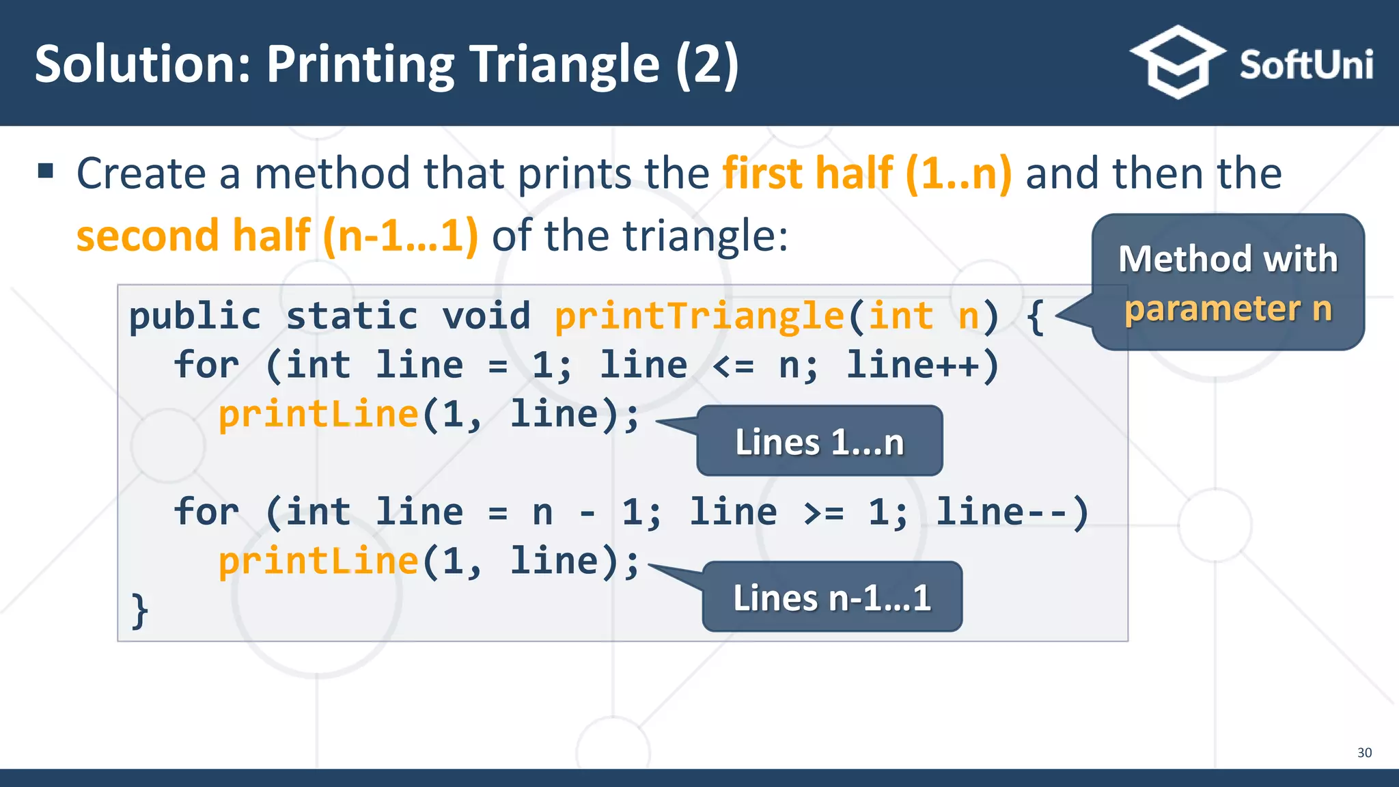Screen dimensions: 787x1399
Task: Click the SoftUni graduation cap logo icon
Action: pyautogui.click(x=1177, y=63)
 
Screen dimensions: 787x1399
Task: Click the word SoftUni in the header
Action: pyautogui.click(x=1305, y=65)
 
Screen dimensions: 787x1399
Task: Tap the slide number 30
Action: pyautogui.click(x=1364, y=752)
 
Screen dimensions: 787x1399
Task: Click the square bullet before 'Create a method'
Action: pyautogui.click(x=46, y=170)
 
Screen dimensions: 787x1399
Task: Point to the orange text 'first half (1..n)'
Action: pyautogui.click(x=867, y=173)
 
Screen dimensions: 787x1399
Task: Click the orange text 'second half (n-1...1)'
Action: pyautogui.click(x=277, y=236)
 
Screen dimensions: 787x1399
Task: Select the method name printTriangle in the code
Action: pyautogui.click(x=699, y=316)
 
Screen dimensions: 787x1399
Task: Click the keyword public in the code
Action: pyautogui.click(x=195, y=316)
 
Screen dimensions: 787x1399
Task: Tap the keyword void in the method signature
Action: pyautogui.click(x=486, y=316)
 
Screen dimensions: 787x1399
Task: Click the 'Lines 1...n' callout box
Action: pyautogui.click(x=819, y=441)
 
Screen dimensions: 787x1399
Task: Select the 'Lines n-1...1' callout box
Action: pyautogui.click(x=831, y=597)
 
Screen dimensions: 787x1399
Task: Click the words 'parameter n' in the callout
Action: pyautogui.click(x=1228, y=309)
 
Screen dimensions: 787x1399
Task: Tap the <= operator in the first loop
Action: pyautogui.click(x=733, y=366)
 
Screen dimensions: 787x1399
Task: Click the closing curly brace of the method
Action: pyautogui.click(x=139, y=609)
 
